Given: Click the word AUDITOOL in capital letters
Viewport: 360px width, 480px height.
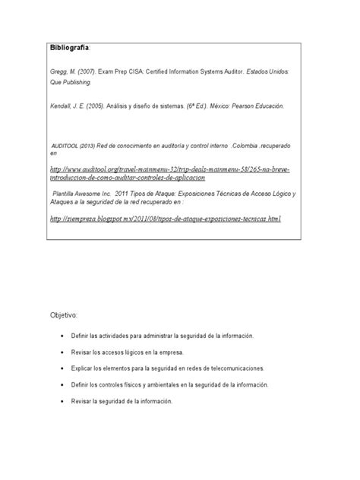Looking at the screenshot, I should click(x=67, y=144).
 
